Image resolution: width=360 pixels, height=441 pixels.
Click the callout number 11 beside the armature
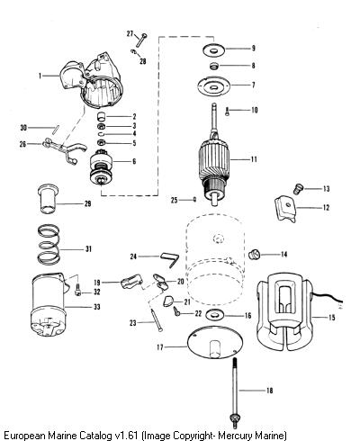point(254,159)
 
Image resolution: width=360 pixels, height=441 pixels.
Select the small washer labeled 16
point(215,315)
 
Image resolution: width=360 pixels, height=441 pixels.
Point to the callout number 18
point(269,391)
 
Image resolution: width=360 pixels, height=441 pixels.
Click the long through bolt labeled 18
point(235,393)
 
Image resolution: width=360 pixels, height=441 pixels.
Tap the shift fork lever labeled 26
point(64,149)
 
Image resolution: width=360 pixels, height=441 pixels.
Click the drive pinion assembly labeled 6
point(102,170)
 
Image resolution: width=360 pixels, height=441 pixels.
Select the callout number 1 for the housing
point(40,76)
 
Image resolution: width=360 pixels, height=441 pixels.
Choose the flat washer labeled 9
point(214,49)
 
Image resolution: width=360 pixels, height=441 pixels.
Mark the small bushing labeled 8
point(214,66)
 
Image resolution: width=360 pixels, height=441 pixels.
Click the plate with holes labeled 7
point(214,86)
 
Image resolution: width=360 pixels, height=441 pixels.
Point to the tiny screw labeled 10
point(227,112)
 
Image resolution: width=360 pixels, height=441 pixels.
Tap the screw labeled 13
point(298,189)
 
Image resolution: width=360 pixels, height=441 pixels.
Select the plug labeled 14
point(255,255)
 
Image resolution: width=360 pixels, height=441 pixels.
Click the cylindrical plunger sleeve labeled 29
point(48,199)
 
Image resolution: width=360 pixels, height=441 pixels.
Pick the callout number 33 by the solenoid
point(96,307)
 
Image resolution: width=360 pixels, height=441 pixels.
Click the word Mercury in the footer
point(235,435)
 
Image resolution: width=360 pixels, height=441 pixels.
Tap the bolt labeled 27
point(140,40)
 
